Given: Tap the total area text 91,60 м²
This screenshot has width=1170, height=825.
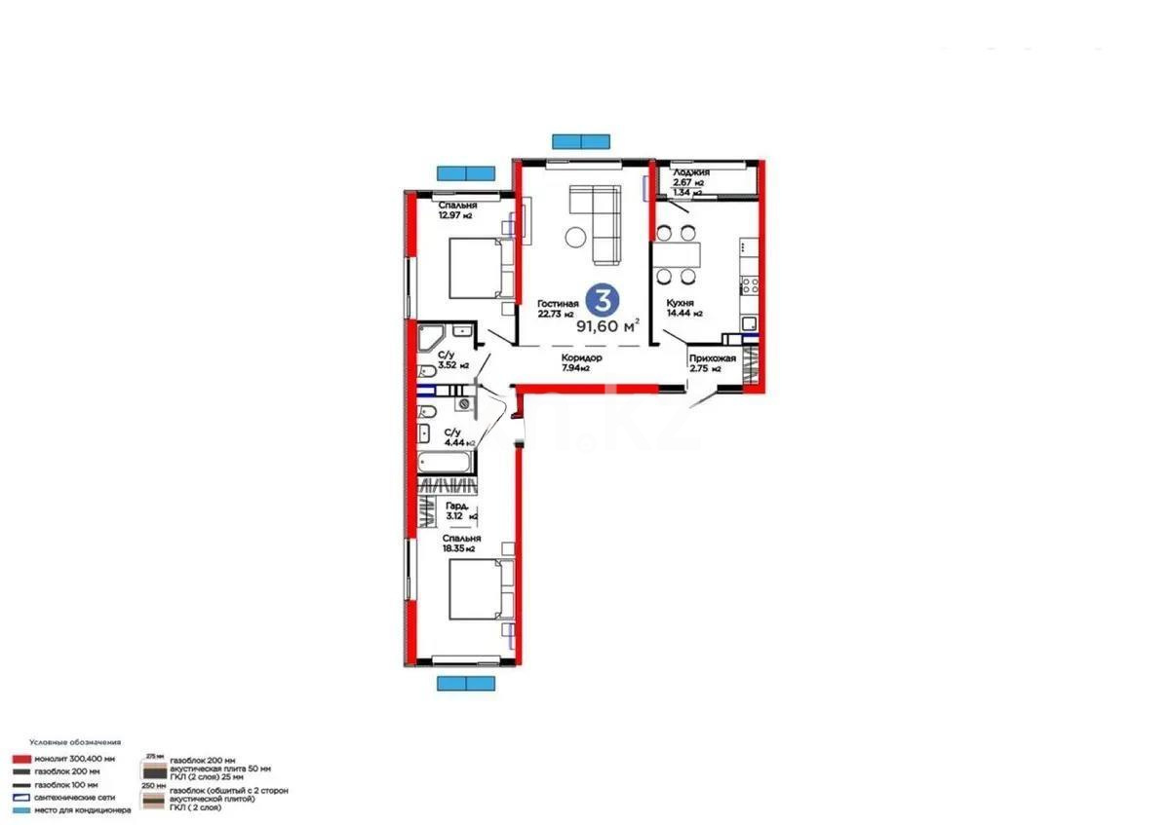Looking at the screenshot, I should (607, 325).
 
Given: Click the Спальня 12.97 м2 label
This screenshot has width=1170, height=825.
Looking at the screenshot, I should (456, 209).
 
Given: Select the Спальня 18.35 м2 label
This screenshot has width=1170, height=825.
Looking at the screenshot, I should (461, 544).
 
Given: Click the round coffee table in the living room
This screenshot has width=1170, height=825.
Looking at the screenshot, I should (575, 237).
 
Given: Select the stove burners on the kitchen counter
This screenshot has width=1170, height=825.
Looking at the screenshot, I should (750, 285).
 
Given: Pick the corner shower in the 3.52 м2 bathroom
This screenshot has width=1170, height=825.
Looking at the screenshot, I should (431, 339).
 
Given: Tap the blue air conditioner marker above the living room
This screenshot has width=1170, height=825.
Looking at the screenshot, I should (581, 140).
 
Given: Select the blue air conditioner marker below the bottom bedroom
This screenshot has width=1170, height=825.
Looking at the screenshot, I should (465, 683).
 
